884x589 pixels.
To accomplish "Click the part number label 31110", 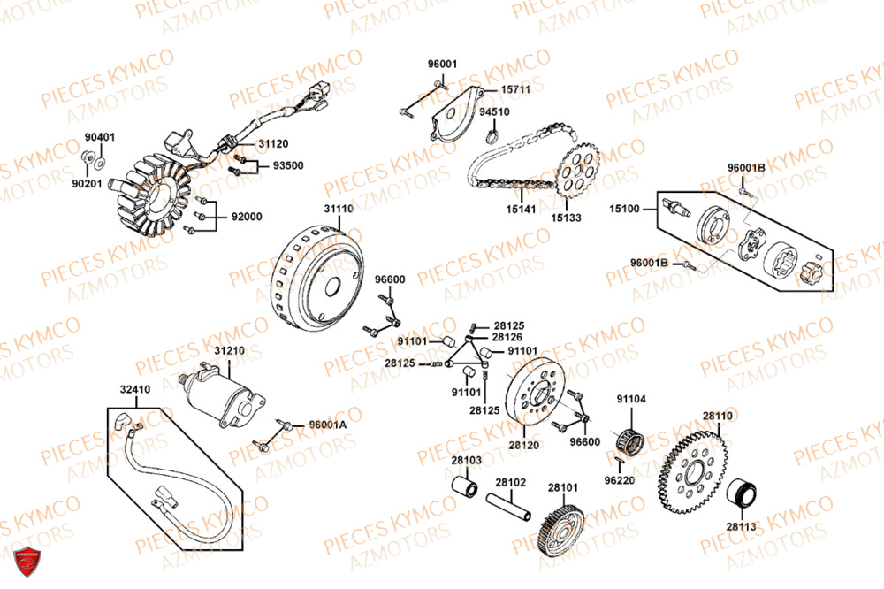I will [x=338, y=209].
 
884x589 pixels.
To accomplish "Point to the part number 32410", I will [x=135, y=388].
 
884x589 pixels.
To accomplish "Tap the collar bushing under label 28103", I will [x=465, y=487].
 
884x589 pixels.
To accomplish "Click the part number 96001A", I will [x=328, y=425].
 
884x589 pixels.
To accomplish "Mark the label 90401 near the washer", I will [x=99, y=138].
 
